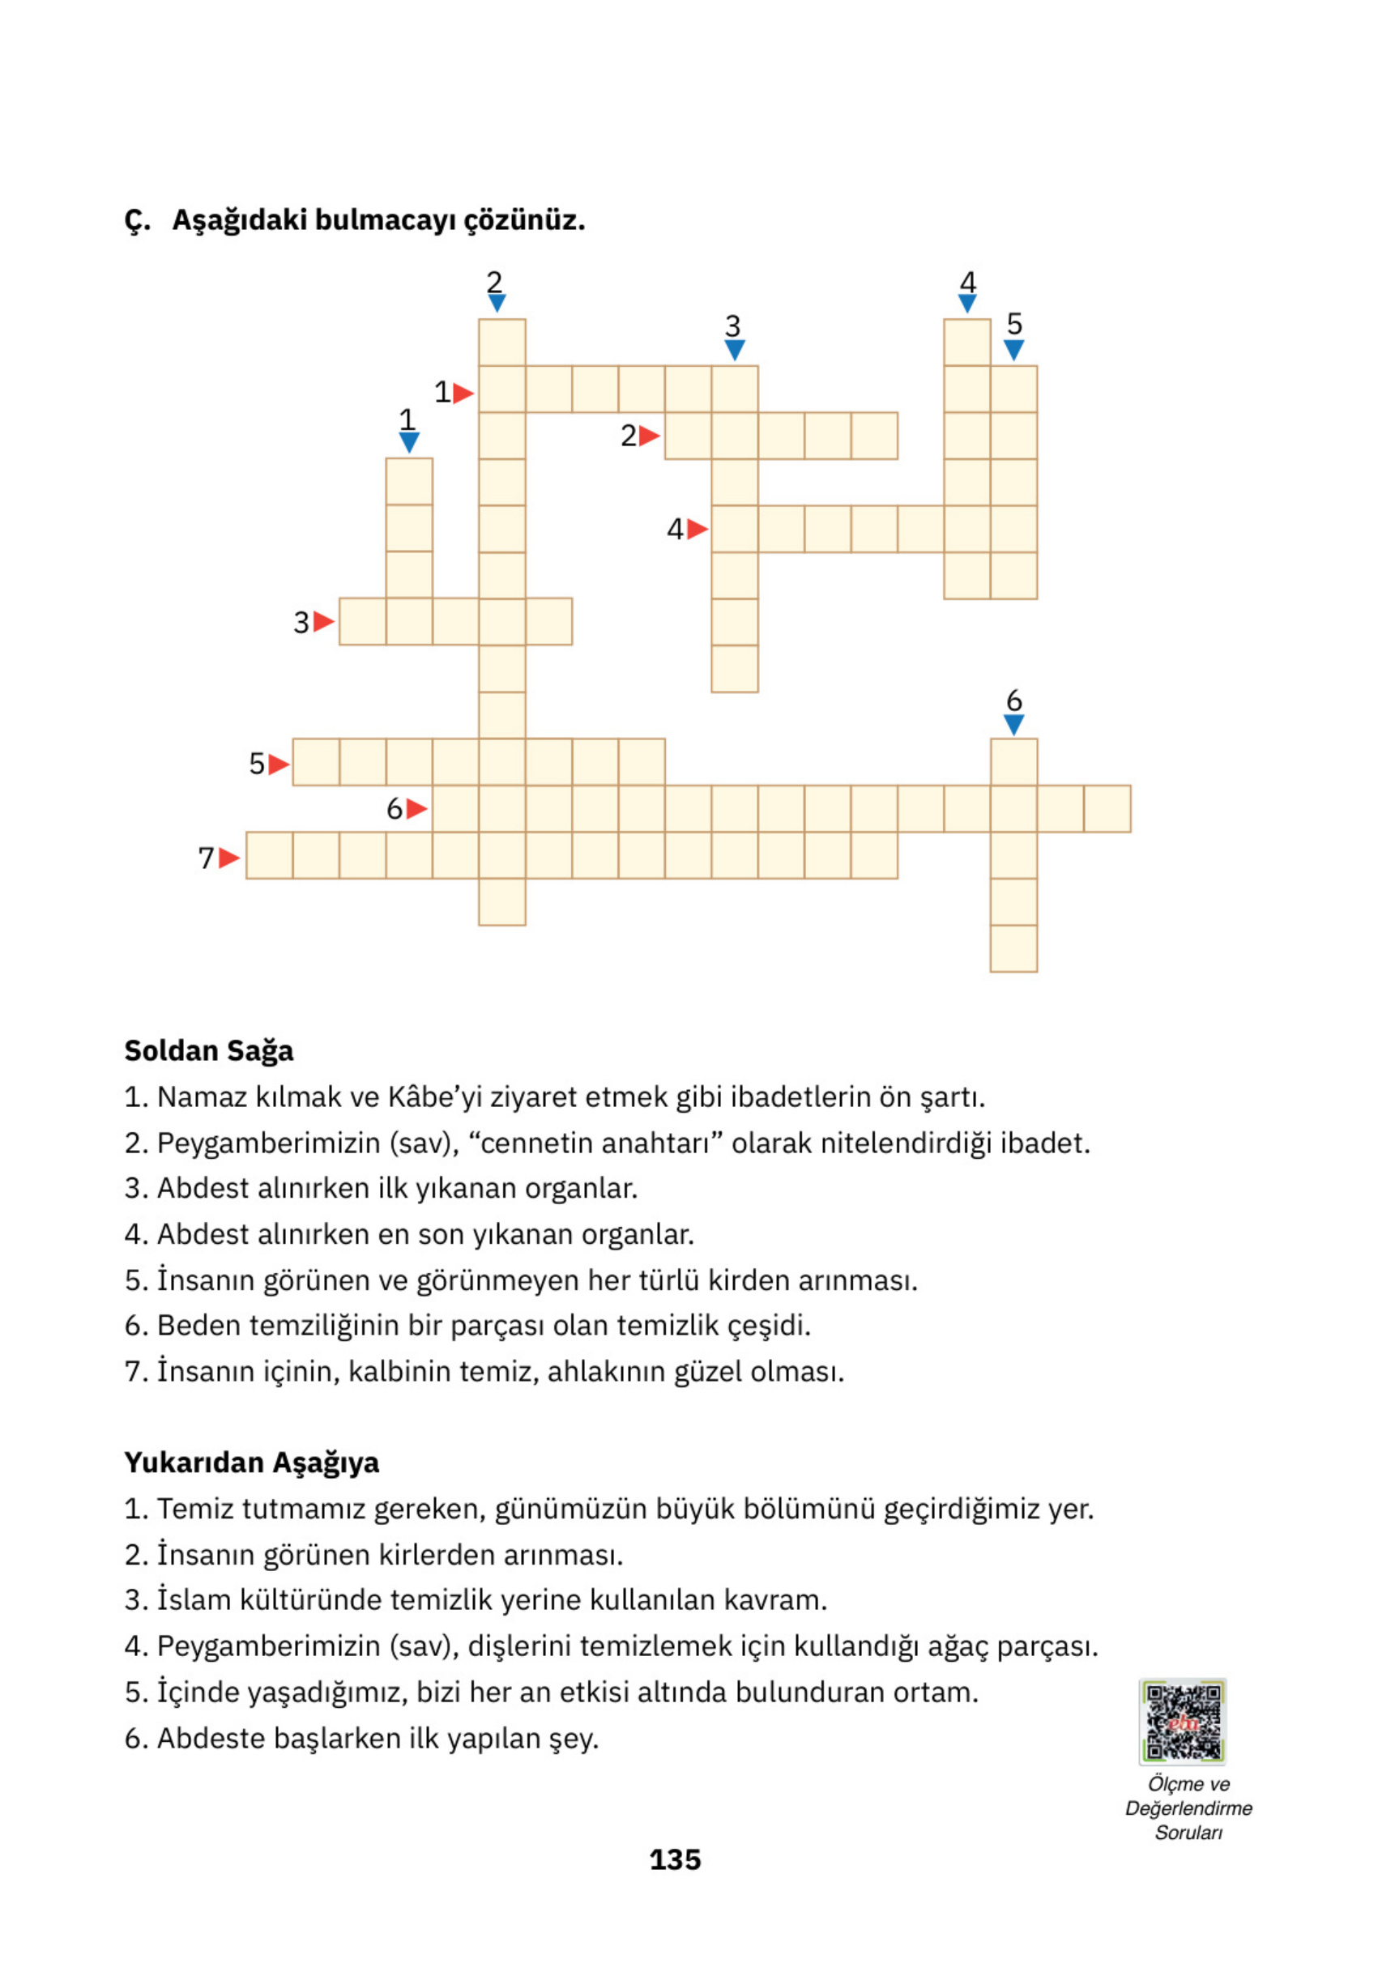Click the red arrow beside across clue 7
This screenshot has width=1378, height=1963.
[x=228, y=858]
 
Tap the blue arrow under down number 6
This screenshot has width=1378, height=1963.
[x=1013, y=725]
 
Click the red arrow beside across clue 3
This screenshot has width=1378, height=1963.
[x=323, y=622]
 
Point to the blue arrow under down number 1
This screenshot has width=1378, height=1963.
[x=409, y=442]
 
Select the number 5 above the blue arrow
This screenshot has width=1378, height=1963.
[x=1014, y=324]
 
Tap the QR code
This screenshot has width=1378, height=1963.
[x=1182, y=1722]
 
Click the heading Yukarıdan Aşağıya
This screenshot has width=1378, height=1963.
[x=251, y=1462]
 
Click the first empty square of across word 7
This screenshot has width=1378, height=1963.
[x=270, y=855]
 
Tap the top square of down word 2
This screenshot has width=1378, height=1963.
[x=502, y=342]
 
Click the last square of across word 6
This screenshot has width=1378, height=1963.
[x=1107, y=809]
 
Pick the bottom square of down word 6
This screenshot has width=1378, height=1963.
[x=1013, y=948]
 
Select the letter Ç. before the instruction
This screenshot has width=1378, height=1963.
[x=137, y=220]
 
